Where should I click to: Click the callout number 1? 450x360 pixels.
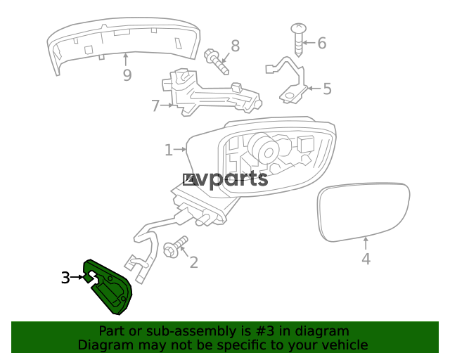click(x=169, y=150)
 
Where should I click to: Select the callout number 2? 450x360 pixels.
click(x=193, y=262)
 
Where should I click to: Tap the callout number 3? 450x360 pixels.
click(x=65, y=278)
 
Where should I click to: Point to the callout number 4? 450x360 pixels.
click(x=366, y=259)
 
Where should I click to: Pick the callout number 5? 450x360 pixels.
click(x=326, y=89)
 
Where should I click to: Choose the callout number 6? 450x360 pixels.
click(x=321, y=44)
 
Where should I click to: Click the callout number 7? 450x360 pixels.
click(x=155, y=106)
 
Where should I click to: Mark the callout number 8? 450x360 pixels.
click(x=235, y=46)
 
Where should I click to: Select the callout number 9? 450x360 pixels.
click(x=127, y=75)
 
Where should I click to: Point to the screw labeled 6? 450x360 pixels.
click(x=299, y=39)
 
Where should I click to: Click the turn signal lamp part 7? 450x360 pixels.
click(x=211, y=95)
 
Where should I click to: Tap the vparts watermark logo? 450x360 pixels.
click(x=226, y=180)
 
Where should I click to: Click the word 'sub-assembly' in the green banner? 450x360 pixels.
click(x=188, y=331)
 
